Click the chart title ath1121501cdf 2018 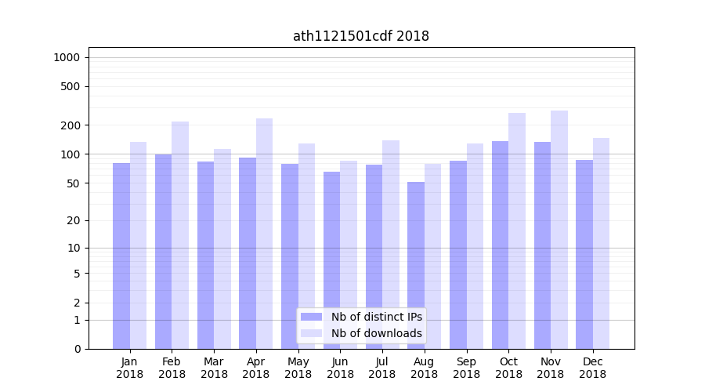coord(360,36)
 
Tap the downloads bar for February coord(180,235)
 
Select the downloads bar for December coord(601,243)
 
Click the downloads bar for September coord(475,246)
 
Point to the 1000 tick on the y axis coord(67,57)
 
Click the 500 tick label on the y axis coord(70,86)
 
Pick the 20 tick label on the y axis coord(73,220)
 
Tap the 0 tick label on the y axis coord(77,349)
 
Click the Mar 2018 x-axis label coord(214,368)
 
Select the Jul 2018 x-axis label coord(382,368)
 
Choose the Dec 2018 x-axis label coord(592,368)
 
